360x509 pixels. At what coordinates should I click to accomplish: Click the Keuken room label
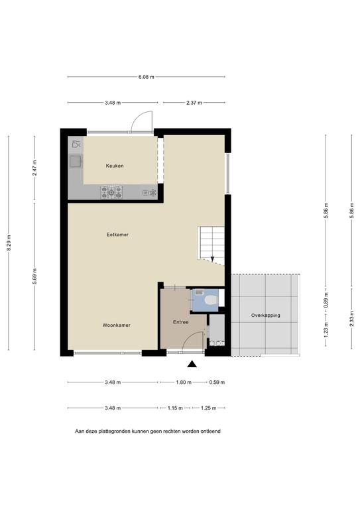tap(115, 166)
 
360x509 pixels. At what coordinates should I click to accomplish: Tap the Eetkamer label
tap(117, 235)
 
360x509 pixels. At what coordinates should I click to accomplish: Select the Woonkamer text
tap(117, 325)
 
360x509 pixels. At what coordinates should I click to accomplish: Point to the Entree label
tap(181, 322)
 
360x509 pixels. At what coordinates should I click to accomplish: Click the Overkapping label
tap(266, 315)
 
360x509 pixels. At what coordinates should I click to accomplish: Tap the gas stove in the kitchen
tap(111, 192)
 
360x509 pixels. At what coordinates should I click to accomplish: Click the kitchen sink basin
tap(76, 161)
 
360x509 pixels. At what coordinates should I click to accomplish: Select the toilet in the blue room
tap(211, 300)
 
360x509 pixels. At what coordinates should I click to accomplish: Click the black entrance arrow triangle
tap(192, 365)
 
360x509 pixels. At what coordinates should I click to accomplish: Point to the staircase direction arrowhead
tap(212, 259)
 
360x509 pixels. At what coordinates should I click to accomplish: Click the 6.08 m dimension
tap(147, 77)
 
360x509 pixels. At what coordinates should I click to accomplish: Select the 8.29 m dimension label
tap(9, 243)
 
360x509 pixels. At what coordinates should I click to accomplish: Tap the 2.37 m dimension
tap(194, 103)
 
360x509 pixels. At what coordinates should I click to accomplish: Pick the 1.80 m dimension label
tap(184, 382)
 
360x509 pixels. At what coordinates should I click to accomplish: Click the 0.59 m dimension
tap(217, 382)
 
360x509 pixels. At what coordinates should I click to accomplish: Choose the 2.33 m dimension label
tap(352, 319)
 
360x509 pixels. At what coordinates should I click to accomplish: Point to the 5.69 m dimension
tap(34, 276)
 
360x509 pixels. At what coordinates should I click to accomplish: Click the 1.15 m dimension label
tap(175, 408)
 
